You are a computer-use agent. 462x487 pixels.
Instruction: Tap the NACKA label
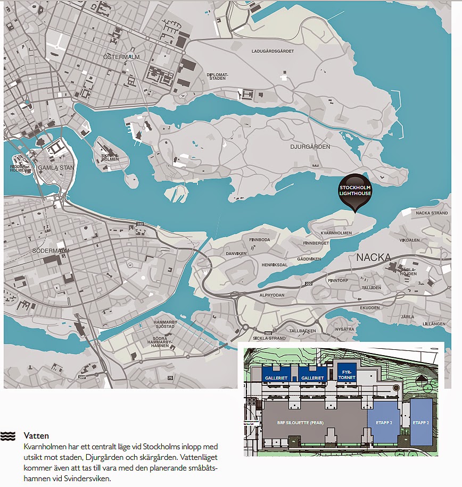(374, 258)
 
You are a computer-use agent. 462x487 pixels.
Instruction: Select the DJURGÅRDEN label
(310, 147)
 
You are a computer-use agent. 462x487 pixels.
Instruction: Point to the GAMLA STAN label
(56, 168)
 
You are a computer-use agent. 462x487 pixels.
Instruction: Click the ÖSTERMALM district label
(122, 56)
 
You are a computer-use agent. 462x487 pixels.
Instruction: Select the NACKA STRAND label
(431, 213)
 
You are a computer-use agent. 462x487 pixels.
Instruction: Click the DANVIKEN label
(236, 254)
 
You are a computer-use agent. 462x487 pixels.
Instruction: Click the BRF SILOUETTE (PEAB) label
(300, 423)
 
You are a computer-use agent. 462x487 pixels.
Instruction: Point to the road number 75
(170, 378)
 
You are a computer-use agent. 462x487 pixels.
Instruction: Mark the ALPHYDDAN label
(272, 295)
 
